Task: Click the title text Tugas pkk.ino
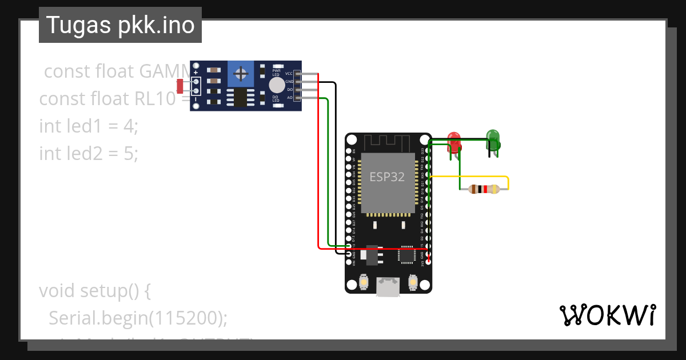pos(120,25)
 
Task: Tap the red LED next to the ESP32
pos(454,140)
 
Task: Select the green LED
pos(493,138)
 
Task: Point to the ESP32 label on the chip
pos(386,177)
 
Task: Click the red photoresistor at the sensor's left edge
pos(180,86)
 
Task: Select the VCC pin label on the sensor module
pos(289,74)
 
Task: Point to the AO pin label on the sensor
pos(289,98)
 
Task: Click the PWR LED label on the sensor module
pos(276,73)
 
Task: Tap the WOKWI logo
pos(607,315)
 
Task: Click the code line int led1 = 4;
pos(89,126)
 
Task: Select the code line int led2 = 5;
pos(89,153)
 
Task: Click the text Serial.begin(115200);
pos(138,318)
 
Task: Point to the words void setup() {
pos(94,290)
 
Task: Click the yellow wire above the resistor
pos(469,177)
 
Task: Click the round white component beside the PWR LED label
pos(277,86)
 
